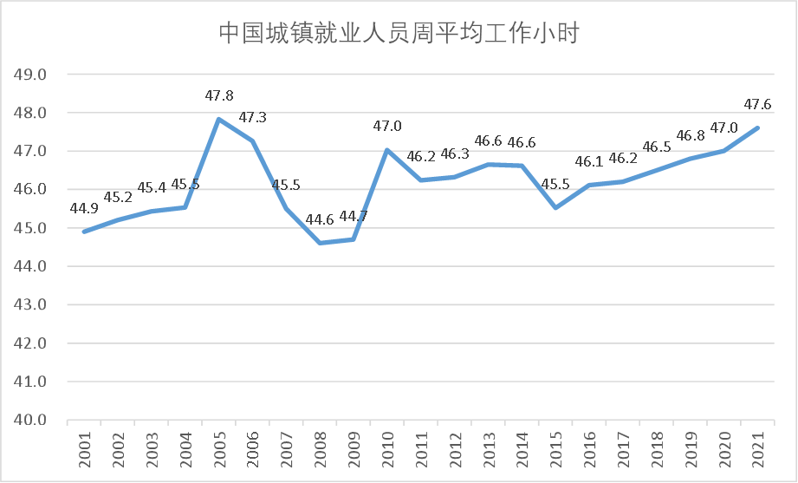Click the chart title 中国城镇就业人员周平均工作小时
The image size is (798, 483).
pos(399,34)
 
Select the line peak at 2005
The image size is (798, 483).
pos(219,120)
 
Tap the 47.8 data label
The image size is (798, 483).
pos(219,95)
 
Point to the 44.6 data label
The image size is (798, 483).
pos(320,219)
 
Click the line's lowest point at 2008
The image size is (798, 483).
pos(320,243)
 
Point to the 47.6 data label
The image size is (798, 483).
pos(758,105)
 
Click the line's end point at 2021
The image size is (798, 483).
pos(758,128)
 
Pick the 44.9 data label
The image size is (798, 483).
pos(85,207)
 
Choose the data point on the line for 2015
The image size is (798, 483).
pos(555,208)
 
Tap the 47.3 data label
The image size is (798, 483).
pos(253,117)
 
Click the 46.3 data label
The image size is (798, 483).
pos(455,153)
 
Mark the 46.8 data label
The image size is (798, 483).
pos(691,135)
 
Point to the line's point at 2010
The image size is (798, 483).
pos(387,150)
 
